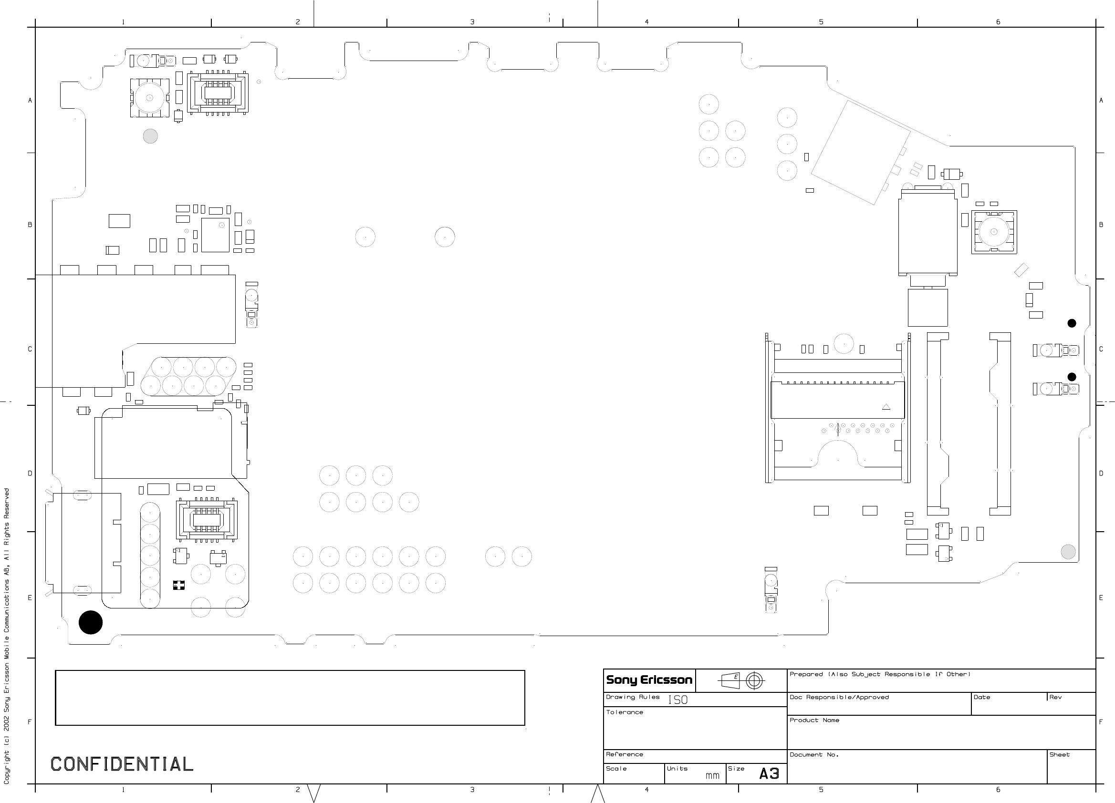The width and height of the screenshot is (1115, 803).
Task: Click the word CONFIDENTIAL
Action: point(122,764)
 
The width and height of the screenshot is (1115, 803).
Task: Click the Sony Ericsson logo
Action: point(649,680)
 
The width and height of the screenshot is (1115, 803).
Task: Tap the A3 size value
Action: point(770,773)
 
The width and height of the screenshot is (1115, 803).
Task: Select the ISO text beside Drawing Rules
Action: point(678,700)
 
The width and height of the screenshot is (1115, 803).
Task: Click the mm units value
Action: point(712,776)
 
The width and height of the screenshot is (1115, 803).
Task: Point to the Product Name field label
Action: point(814,720)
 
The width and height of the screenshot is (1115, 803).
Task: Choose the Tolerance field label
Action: point(625,712)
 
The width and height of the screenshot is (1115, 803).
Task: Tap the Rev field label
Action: point(1055,697)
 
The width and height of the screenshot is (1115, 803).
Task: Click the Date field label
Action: point(982,697)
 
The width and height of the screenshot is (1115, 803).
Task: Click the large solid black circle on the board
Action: point(91,622)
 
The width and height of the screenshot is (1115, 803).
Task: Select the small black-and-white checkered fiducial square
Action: point(178,585)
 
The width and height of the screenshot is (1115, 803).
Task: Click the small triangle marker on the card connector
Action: point(886,407)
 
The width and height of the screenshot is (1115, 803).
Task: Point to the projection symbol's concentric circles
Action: point(755,680)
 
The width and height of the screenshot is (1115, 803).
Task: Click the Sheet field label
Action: point(1060,754)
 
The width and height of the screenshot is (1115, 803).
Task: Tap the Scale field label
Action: point(616,769)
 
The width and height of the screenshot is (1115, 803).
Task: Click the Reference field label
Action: point(625,754)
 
